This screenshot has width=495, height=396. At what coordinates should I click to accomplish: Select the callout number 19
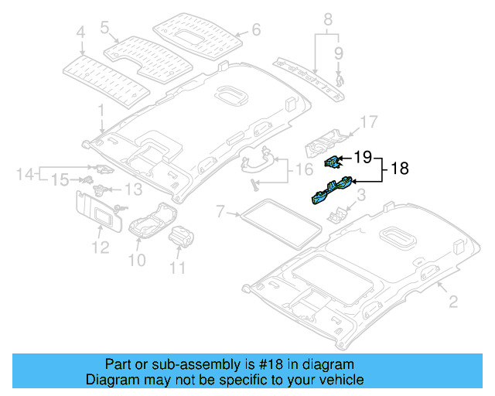pos(361,158)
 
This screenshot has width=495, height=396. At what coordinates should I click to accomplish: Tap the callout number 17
pos(369,121)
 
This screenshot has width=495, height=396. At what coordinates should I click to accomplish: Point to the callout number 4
pos(80,32)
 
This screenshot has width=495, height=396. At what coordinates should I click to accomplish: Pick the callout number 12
pos(98,247)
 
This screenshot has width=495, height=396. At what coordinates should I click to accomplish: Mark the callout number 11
pos(179,268)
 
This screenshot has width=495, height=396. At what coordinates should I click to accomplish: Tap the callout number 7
pos(220,210)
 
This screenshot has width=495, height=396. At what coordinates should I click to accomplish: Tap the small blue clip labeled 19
pos(332,161)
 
